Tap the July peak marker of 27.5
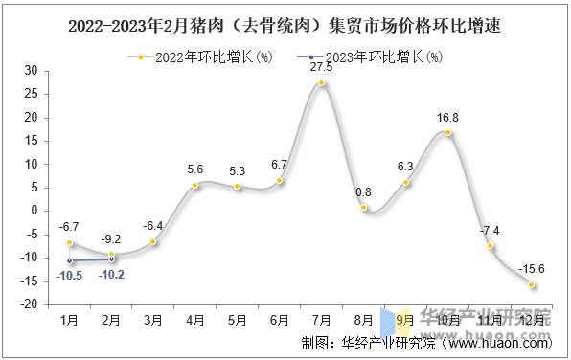(322, 83)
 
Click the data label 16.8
(447, 117)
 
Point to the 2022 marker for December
(532, 284)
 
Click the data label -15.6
(532, 269)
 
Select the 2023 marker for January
(70, 260)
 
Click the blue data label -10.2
(111, 274)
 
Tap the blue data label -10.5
(69, 275)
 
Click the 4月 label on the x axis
(195, 319)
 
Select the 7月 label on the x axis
(322, 319)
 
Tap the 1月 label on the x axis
(70, 319)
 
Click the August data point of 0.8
(364, 208)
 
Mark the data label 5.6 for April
(195, 169)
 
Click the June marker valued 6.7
(280, 180)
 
